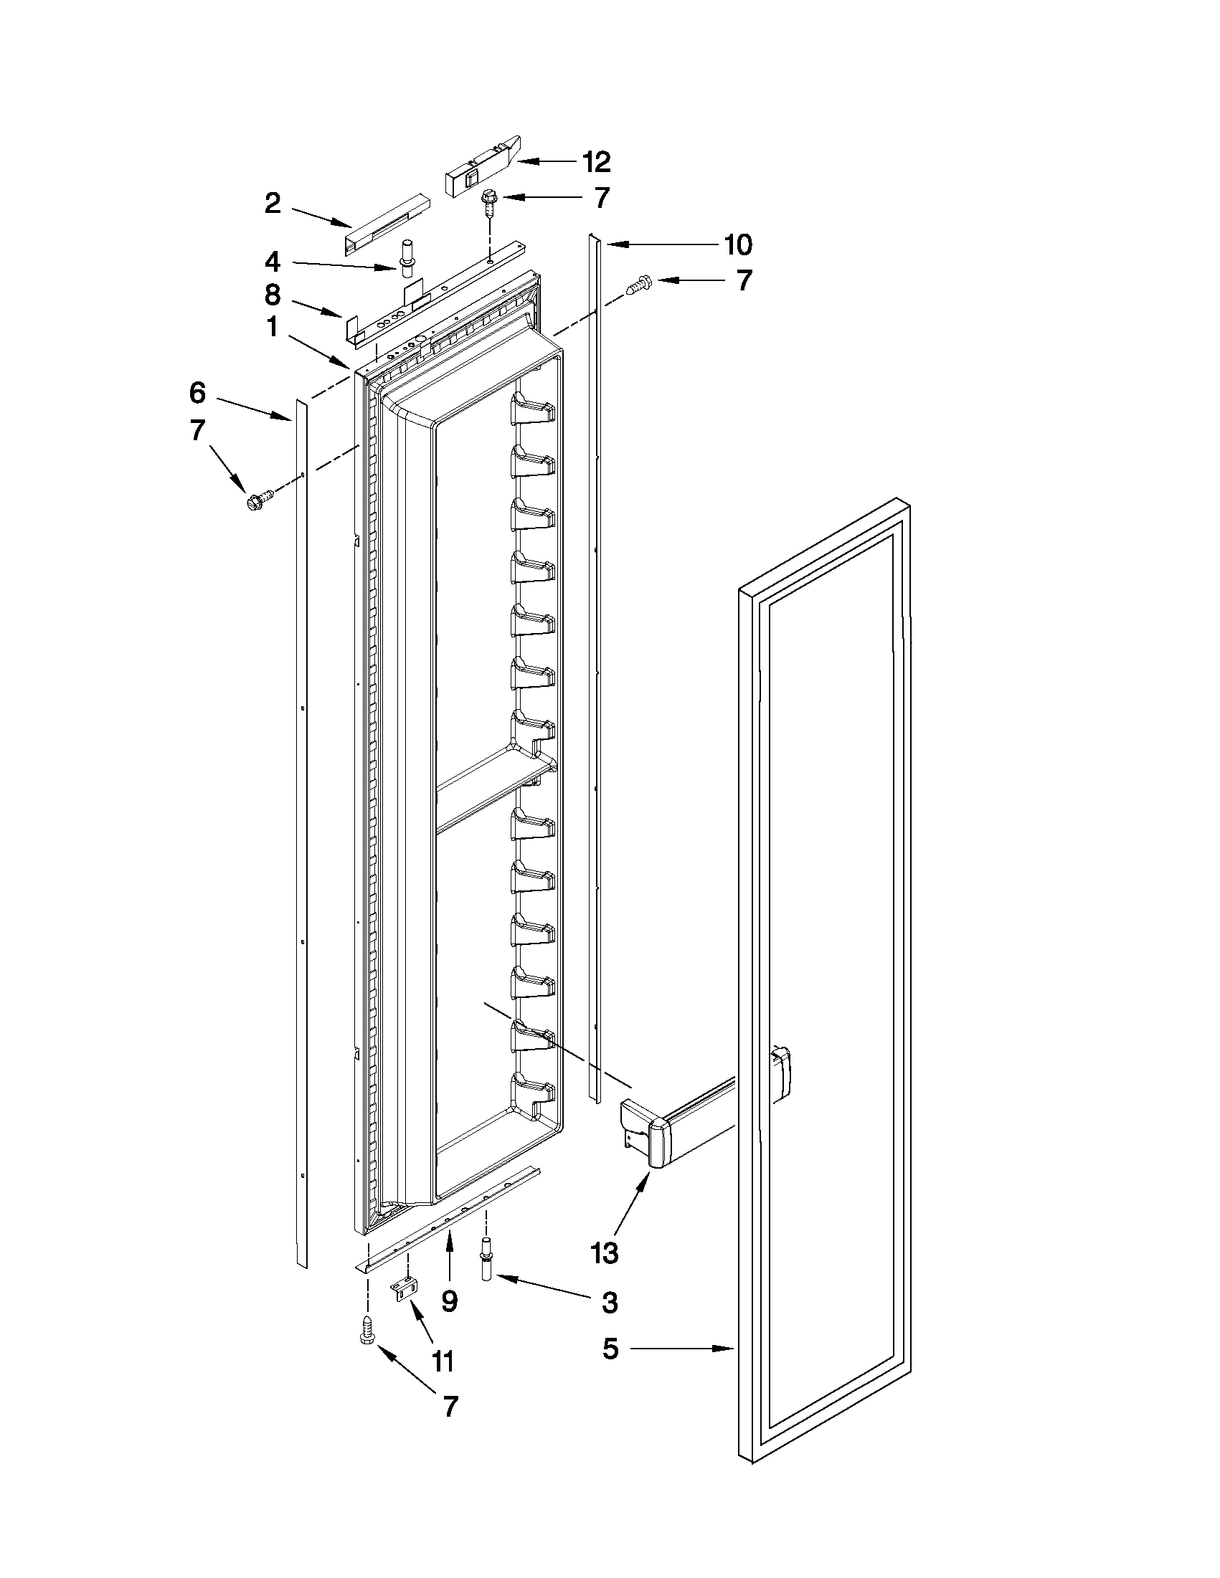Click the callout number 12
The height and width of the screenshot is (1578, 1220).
(596, 163)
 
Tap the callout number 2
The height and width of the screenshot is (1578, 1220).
(273, 204)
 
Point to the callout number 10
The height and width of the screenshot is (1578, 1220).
(738, 245)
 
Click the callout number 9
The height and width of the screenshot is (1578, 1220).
(449, 1301)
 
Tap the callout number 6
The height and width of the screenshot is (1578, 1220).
(198, 393)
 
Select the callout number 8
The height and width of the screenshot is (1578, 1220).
(273, 295)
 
